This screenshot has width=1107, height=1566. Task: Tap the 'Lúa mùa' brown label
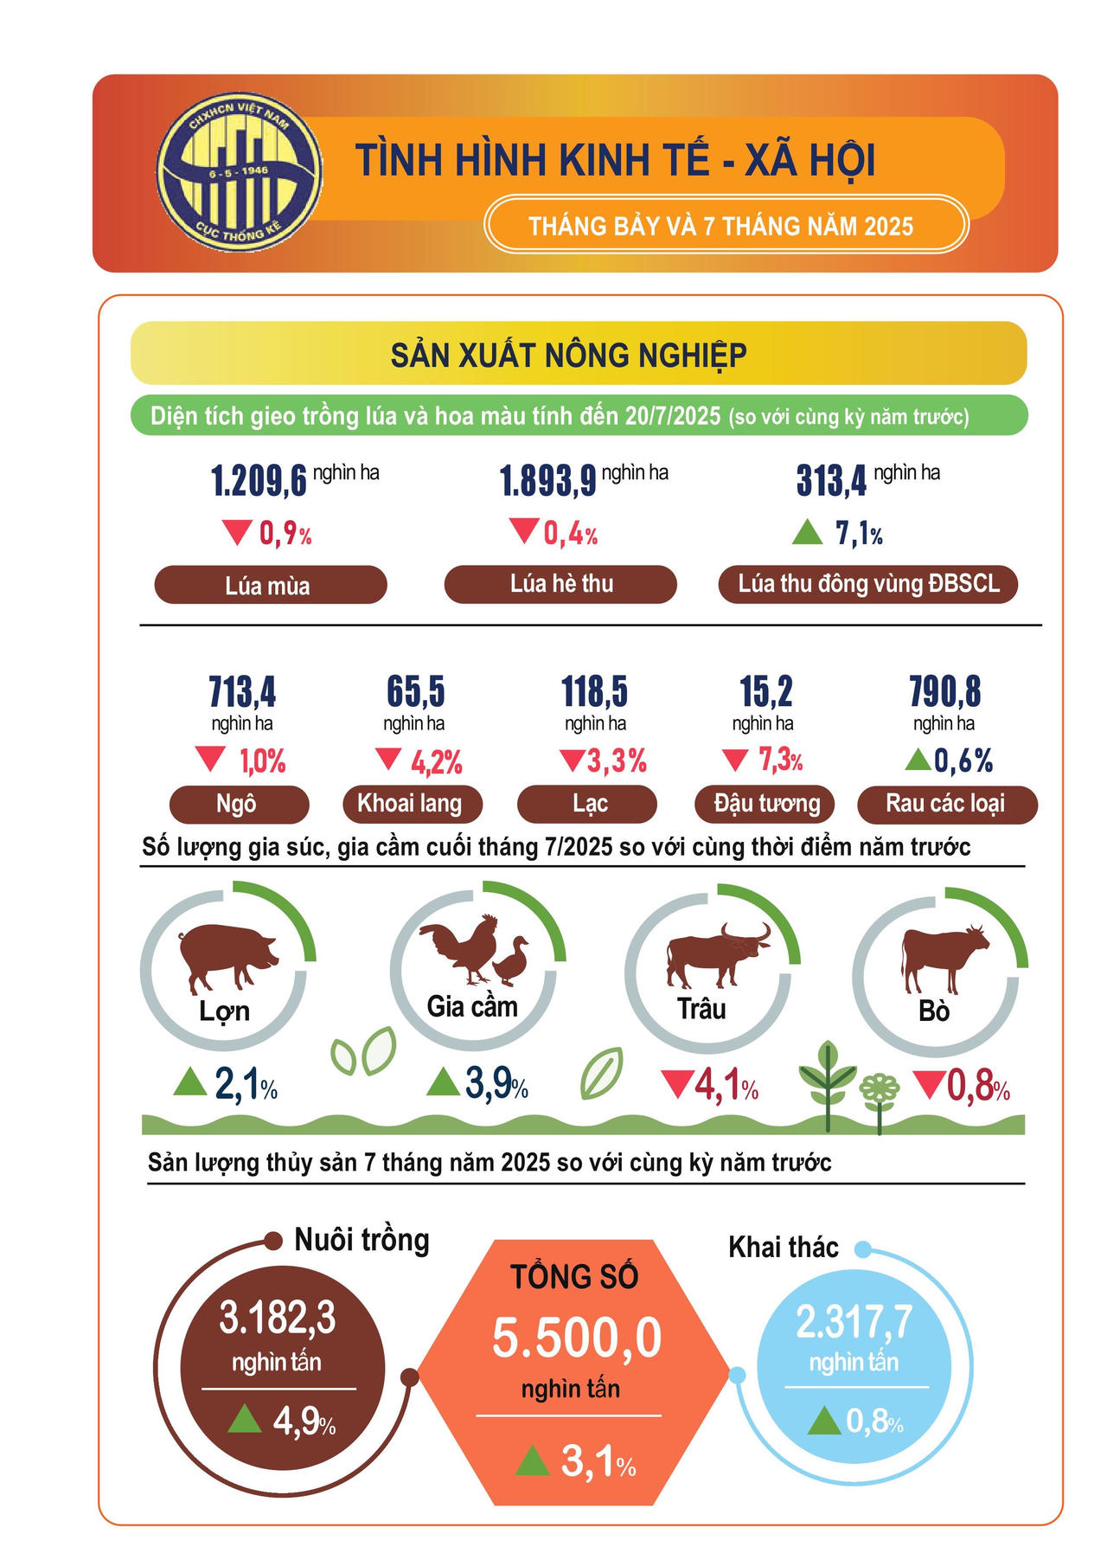270,585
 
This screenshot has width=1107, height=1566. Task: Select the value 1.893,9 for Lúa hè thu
548,480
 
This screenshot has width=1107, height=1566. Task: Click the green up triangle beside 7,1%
807,532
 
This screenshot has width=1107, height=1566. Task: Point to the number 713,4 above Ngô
242,692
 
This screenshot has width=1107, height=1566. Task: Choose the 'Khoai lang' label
410,804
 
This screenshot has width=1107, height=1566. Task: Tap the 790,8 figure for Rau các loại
944,692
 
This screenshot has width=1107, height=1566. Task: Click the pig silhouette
227,956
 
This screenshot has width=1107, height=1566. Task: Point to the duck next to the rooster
511,960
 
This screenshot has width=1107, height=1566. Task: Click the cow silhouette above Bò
943,958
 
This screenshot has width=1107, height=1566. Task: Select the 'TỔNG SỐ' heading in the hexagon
574,1277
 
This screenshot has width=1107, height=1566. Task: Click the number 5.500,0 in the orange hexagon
577,1338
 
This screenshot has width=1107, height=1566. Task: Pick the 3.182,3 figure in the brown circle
277,1319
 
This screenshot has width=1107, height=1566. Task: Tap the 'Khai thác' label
784,1247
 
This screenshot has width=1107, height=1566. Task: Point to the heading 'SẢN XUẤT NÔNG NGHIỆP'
568,355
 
